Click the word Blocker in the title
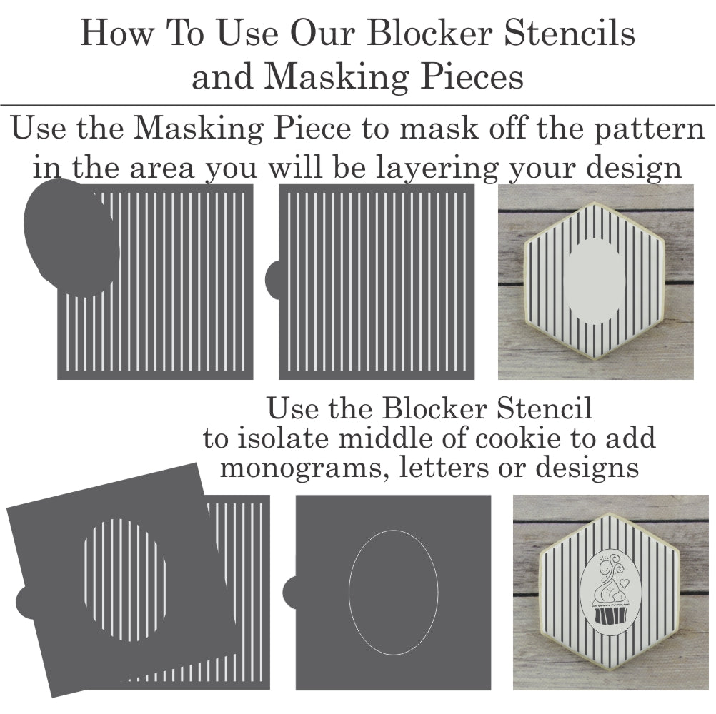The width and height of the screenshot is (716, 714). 429,33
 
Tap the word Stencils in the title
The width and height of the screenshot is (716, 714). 570,33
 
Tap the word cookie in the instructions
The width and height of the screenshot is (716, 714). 517,437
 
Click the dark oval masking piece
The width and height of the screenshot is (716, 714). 71,237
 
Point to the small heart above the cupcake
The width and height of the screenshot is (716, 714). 625,583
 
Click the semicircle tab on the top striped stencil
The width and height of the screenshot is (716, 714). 273,280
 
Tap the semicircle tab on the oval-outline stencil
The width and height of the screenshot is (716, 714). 289,592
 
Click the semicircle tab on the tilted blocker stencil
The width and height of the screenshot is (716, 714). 25,602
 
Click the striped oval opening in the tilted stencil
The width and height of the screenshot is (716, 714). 124,580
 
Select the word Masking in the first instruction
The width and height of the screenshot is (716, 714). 199,129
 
